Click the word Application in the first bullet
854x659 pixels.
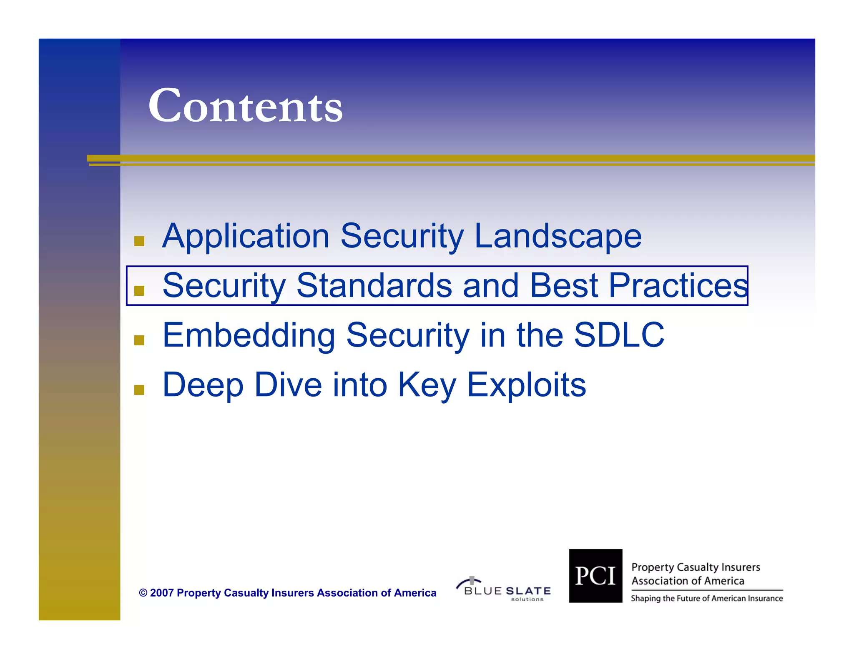(246, 236)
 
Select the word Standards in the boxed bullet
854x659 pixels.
(374, 286)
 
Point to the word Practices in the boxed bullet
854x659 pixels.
(678, 286)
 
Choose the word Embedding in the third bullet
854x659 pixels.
(249, 335)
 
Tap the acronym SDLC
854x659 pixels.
(619, 335)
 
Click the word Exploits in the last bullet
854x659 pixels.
(526, 385)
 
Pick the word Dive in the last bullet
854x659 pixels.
(288, 385)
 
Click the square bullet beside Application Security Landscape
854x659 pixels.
(139, 241)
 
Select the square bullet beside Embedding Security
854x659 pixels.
(139, 340)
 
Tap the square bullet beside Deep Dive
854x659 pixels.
(139, 390)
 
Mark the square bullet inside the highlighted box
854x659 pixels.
(139, 291)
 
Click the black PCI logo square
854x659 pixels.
(595, 576)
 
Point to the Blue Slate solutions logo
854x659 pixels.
(504, 589)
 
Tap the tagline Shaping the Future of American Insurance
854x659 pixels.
(706, 599)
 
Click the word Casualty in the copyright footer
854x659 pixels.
(246, 593)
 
